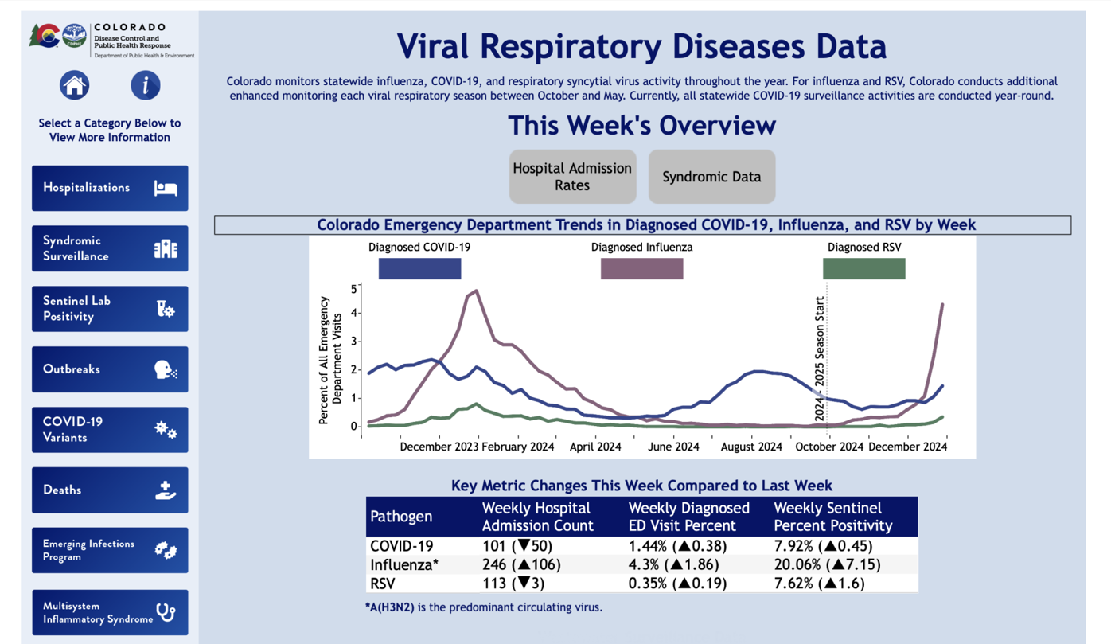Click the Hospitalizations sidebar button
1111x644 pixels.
(110, 188)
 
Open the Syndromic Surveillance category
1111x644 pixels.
(110, 248)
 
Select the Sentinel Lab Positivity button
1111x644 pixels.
(110, 309)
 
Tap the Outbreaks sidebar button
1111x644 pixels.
(110, 369)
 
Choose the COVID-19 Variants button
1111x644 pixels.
(110, 430)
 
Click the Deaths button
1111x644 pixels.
(110, 490)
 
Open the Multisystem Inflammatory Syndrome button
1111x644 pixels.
(110, 612)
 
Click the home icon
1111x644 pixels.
(74, 85)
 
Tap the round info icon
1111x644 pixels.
(145, 85)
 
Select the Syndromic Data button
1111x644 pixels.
(711, 177)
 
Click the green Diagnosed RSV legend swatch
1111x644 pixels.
(863, 269)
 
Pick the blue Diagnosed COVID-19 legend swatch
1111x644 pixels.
(419, 269)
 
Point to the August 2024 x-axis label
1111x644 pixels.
(751, 447)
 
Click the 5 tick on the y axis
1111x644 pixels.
(353, 287)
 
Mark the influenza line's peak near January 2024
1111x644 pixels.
(476, 291)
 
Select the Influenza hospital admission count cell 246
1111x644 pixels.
(522, 564)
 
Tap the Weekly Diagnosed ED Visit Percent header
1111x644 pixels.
(688, 517)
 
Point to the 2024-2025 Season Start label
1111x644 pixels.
(820, 359)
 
